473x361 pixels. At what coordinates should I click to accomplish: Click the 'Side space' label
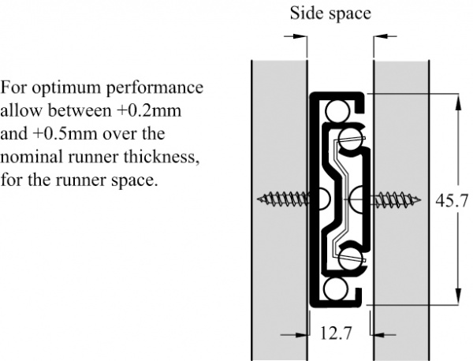coord(330,13)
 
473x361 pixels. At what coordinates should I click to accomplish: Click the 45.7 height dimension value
coord(452,200)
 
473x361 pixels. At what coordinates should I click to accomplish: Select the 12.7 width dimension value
coord(336,333)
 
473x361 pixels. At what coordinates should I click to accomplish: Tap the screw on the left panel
coord(284,199)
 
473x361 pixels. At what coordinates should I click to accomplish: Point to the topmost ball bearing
coord(337,110)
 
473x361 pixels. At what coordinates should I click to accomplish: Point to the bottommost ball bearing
coord(335,289)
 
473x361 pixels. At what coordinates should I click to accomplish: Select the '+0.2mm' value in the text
coord(149,111)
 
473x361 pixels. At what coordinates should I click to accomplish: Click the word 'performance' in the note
coord(155,88)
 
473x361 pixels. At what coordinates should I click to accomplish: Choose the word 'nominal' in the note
coord(32,157)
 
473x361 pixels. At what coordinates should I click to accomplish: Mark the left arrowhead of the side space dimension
coord(298,36)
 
